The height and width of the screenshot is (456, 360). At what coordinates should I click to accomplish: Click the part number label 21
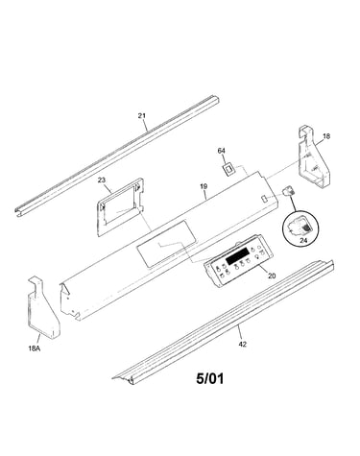142,115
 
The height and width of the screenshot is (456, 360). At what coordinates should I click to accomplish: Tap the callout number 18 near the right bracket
326,136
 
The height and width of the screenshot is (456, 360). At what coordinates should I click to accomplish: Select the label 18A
35,348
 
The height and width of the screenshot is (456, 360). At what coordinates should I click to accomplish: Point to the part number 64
222,151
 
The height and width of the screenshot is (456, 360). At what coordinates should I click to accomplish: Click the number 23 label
101,180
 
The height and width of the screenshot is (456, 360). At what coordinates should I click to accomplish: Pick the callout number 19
204,186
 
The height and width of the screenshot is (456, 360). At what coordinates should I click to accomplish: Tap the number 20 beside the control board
272,276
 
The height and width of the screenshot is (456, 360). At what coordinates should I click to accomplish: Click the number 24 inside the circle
303,240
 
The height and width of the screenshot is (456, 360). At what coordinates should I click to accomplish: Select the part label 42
243,345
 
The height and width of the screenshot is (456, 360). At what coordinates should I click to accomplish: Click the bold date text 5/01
210,379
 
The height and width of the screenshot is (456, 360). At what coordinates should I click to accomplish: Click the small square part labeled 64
228,169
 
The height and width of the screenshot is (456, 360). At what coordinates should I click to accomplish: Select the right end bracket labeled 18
312,156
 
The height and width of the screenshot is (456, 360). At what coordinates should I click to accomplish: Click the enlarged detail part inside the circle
300,227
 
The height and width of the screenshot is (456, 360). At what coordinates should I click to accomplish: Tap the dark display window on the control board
238,257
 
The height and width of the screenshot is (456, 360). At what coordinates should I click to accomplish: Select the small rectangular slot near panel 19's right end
264,199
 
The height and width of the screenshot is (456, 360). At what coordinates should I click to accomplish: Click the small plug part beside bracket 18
288,192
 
